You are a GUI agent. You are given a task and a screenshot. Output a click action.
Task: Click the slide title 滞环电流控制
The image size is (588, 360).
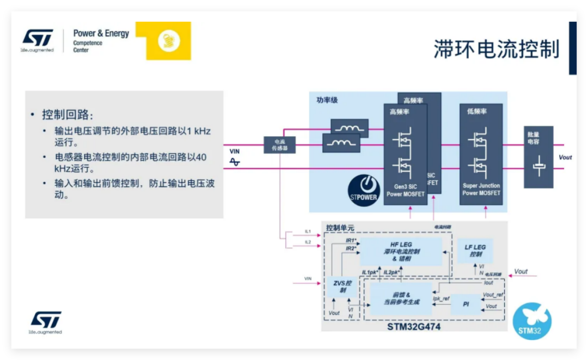496,49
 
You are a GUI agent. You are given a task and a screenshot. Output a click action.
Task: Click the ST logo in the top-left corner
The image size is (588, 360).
38,39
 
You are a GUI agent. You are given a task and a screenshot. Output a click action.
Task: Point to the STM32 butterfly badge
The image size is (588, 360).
532,321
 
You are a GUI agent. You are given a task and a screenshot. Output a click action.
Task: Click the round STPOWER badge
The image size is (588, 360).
363,190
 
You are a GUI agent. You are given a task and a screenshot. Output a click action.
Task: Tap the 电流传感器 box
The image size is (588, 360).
279,144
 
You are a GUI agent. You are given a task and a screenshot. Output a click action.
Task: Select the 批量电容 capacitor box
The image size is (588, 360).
538,157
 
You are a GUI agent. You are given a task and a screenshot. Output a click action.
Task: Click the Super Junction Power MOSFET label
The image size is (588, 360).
481,189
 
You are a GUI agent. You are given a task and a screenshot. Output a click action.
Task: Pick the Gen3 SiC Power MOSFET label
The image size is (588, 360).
405,190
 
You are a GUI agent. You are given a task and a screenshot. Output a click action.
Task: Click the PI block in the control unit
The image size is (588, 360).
465,304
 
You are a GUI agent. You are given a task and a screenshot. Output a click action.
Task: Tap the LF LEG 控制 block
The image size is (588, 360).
475,251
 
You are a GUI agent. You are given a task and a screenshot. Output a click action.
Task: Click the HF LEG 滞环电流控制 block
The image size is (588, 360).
401,251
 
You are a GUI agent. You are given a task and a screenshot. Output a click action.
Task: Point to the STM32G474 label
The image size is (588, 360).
414,327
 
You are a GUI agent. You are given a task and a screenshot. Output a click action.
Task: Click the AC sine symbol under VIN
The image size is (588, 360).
235,162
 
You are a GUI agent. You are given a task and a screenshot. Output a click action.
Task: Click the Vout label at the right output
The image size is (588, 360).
565,157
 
